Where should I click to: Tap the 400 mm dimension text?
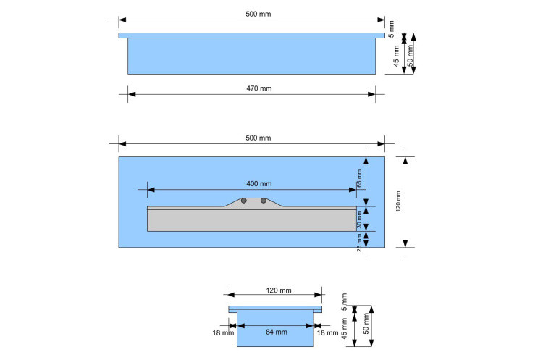[259, 184]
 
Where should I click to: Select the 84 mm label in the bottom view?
[275, 332]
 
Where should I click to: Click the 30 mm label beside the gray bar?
[359, 220]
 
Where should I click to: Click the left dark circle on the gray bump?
[244, 201]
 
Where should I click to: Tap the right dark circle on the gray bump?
[264, 201]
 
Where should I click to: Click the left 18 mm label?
[223, 332]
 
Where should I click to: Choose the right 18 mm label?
[327, 332]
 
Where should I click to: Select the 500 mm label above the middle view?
[259, 138]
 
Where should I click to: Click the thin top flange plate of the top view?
[251, 35]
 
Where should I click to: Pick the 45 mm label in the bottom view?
[345, 330]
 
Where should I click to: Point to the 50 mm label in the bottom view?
[367, 324]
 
